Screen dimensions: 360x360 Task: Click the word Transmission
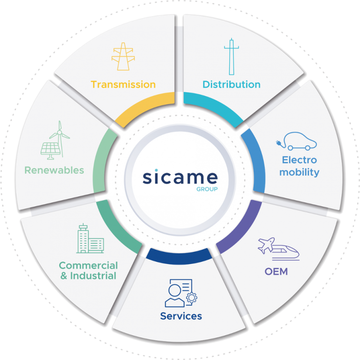(x=123, y=84)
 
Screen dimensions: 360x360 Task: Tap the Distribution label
(x=232, y=84)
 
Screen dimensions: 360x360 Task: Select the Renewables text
(x=54, y=170)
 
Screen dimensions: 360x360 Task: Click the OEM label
(x=276, y=271)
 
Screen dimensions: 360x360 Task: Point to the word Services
(x=181, y=316)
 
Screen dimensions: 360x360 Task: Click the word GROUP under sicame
(x=207, y=189)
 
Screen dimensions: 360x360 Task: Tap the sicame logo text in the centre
(x=180, y=177)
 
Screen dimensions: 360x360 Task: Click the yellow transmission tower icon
(x=123, y=56)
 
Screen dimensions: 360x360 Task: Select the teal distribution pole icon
(x=232, y=56)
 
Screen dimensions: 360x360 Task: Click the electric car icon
(x=296, y=141)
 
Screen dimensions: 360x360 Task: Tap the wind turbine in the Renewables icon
(x=60, y=139)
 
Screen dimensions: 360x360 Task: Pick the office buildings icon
(x=90, y=238)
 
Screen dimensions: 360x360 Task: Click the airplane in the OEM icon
(x=266, y=245)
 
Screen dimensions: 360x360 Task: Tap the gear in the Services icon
(x=191, y=298)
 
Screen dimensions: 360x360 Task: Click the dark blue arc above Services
(x=179, y=256)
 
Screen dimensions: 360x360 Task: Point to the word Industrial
(x=93, y=276)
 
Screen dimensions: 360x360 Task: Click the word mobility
(x=300, y=172)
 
